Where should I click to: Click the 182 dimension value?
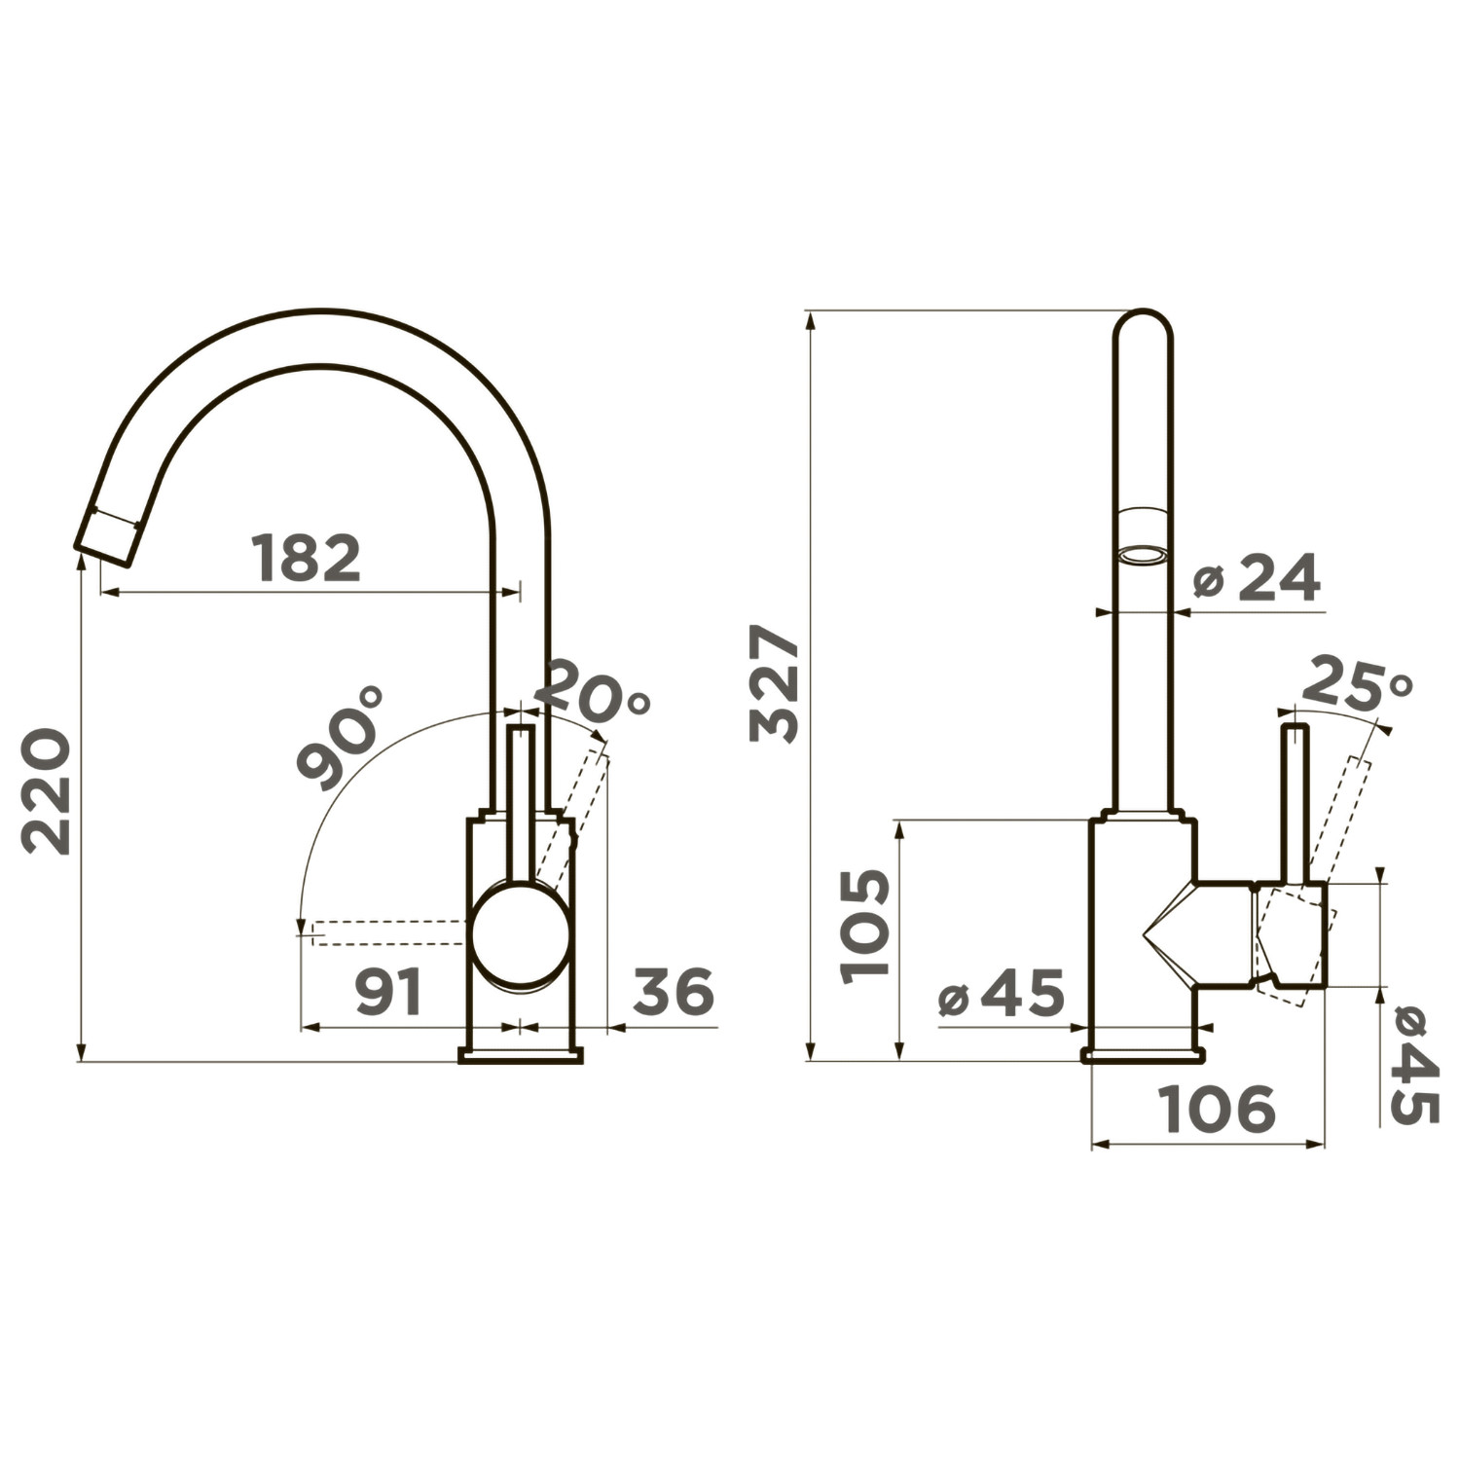(x=307, y=558)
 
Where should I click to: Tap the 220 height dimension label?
(x=47, y=791)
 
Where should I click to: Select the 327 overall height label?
(x=775, y=683)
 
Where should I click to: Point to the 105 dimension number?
(x=864, y=926)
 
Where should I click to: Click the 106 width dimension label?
(x=1217, y=1109)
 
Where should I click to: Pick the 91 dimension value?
(x=388, y=992)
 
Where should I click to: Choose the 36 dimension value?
(x=674, y=992)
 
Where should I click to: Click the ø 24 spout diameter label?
(x=1257, y=578)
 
